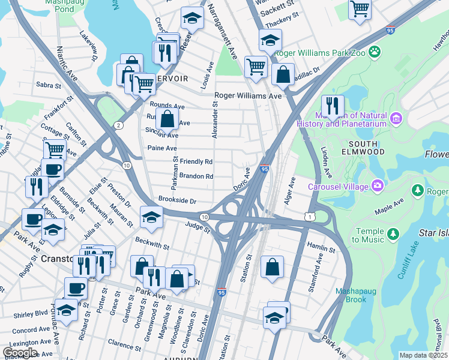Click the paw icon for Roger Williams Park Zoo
point(375,52)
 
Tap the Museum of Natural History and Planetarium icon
point(396,119)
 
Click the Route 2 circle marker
point(119,125)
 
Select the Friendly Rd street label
point(196,162)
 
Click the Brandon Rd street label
point(196,176)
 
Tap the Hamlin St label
point(320,247)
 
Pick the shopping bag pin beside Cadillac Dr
point(283,75)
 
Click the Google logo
point(19,352)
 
